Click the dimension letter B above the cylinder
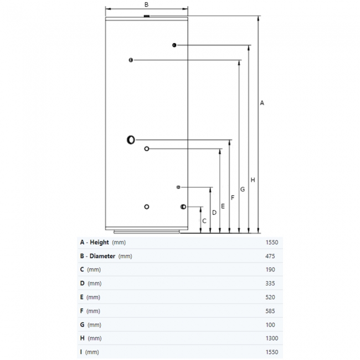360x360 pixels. point(146,4)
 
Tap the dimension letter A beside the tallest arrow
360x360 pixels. point(262,103)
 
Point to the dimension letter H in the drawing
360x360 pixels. point(253,180)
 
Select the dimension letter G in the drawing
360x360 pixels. point(243,189)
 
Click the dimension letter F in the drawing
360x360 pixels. point(233,198)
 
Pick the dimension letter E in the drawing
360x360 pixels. point(223,206)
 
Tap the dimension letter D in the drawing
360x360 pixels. point(214,213)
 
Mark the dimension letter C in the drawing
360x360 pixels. point(204,221)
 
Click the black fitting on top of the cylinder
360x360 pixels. point(146,16)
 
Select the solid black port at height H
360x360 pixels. point(174,45)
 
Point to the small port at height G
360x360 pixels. point(131,60)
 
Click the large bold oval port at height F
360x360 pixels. point(131,140)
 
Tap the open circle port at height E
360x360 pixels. point(147,149)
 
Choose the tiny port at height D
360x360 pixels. point(178,187)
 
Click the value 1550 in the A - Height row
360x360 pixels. point(272,243)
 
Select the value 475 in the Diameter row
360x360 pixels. point(270,256)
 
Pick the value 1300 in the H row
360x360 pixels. point(272,338)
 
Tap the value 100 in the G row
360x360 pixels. point(270,325)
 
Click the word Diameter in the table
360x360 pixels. point(102,256)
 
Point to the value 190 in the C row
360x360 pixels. point(270,270)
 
